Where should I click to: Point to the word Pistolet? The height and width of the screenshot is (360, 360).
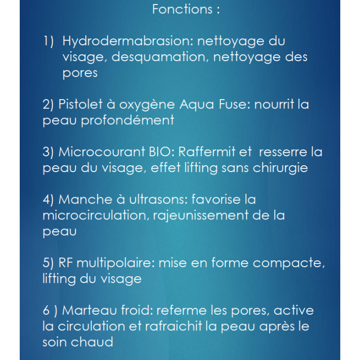tap(79, 105)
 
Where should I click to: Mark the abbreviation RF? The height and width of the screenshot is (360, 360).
tap(66, 263)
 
